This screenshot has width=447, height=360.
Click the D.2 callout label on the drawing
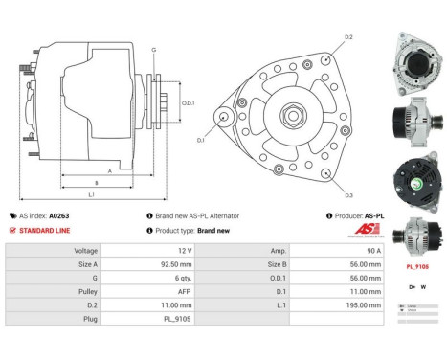click(348, 37)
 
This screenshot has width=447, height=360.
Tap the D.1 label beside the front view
click(201, 140)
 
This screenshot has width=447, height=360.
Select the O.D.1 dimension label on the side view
click(188, 103)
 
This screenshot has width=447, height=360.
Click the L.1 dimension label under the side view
click(91, 194)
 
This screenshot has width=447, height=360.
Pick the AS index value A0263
click(59, 216)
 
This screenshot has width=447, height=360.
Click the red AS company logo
click(355, 233)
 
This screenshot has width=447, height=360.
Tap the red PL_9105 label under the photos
click(416, 268)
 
